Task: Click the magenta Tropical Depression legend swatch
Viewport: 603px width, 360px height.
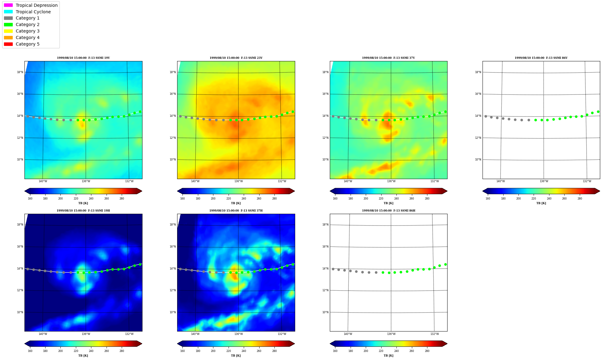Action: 8,5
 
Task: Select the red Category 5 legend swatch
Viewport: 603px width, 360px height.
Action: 8,44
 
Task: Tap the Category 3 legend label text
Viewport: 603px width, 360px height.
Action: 28,31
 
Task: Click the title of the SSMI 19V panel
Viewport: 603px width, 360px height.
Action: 83,58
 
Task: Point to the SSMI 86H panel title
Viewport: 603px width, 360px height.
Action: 388,211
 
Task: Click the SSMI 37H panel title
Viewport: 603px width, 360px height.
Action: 236,211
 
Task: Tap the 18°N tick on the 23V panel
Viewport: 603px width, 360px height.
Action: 173,72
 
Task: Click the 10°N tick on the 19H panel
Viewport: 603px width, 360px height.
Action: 20,312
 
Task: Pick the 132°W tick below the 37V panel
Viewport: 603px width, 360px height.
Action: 435,181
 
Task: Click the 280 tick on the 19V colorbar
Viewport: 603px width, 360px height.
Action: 122,199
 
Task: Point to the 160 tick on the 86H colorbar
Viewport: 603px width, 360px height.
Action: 335,351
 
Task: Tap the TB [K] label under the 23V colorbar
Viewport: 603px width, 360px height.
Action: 236,203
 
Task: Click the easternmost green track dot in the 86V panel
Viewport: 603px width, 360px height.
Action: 598,112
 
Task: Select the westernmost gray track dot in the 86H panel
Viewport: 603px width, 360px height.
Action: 333,269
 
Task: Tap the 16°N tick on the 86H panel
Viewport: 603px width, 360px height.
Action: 325,247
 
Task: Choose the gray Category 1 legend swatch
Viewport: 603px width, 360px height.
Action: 8,18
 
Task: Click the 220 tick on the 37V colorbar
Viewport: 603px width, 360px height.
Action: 381,199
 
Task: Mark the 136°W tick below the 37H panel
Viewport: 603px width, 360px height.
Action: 238,334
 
